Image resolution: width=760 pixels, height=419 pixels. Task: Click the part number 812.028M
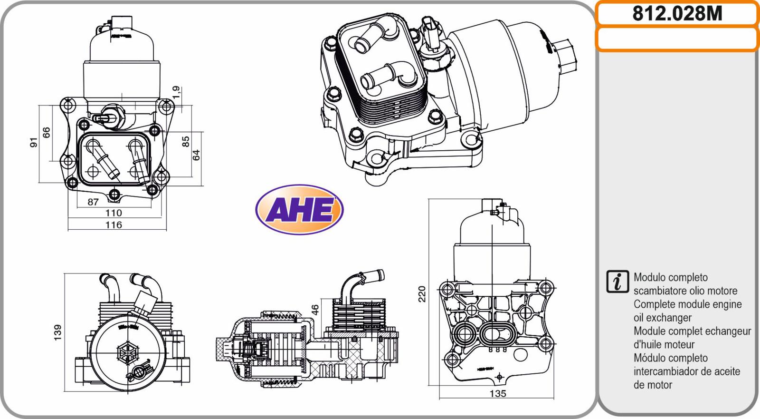click(x=677, y=14)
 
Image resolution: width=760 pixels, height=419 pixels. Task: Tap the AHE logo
click(x=299, y=209)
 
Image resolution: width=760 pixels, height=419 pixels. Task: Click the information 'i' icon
click(x=617, y=282)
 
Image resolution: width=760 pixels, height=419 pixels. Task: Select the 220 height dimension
click(x=421, y=294)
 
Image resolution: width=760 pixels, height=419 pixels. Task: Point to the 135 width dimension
click(x=498, y=393)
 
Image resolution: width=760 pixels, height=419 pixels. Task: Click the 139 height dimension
click(x=57, y=332)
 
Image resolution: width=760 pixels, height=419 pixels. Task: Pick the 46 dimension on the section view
click(x=315, y=310)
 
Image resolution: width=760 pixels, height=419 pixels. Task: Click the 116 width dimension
click(x=114, y=225)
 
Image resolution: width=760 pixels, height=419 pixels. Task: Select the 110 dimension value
click(x=114, y=213)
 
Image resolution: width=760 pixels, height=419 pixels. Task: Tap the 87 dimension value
click(x=93, y=202)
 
